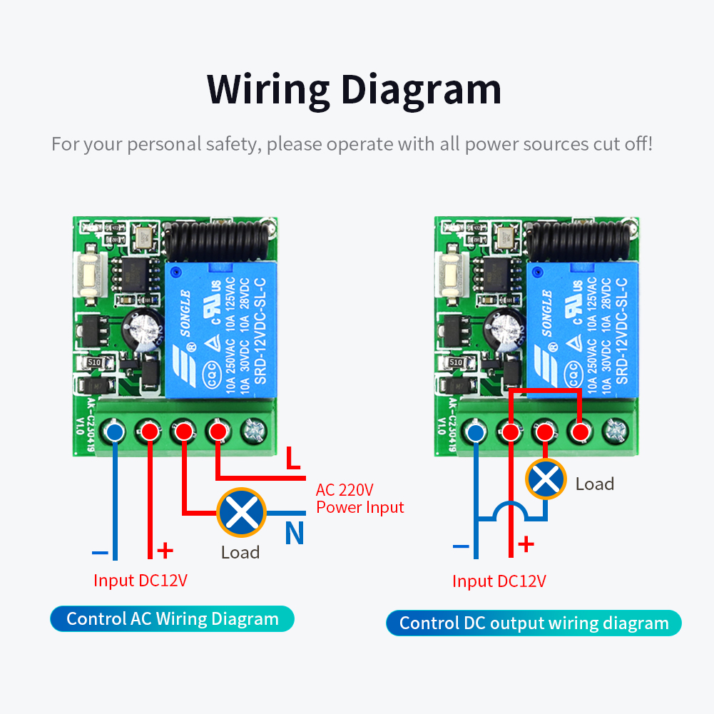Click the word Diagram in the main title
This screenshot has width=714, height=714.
(421, 91)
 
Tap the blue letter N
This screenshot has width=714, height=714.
(294, 534)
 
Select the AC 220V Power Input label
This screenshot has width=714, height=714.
(359, 499)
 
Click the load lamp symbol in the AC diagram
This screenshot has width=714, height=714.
(241, 512)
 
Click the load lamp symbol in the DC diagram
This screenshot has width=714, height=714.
(546, 478)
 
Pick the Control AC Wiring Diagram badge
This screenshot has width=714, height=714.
(172, 618)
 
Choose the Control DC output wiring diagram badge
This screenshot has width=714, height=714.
(534, 623)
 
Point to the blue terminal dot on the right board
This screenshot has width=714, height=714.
(476, 432)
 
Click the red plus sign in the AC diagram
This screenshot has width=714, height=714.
(165, 551)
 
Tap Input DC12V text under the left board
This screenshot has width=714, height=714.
(140, 580)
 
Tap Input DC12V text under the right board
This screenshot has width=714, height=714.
(499, 581)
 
